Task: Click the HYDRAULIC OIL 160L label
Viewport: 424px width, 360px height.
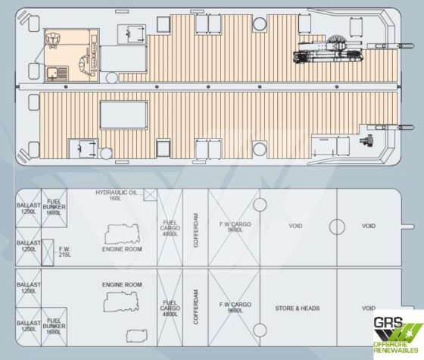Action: click(x=117, y=196)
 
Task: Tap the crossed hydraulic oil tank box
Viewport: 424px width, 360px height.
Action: click(x=150, y=195)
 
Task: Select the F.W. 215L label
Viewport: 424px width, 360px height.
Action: click(x=64, y=252)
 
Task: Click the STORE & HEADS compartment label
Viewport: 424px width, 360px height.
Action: click(x=297, y=308)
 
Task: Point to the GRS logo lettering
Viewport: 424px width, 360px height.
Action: click(x=388, y=322)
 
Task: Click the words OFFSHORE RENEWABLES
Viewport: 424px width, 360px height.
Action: click(x=395, y=347)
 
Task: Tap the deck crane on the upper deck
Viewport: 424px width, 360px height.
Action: click(x=329, y=52)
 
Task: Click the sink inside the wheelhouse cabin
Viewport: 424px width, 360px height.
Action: click(x=52, y=74)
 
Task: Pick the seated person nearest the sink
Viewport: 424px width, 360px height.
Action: click(x=86, y=65)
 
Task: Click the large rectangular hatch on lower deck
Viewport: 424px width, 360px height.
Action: click(x=123, y=115)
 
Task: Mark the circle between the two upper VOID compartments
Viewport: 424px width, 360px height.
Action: click(x=337, y=227)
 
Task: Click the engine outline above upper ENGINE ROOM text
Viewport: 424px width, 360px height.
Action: click(x=122, y=234)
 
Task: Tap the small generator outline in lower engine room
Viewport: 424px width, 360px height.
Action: click(x=136, y=336)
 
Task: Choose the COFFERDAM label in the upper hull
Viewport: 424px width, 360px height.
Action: click(x=196, y=230)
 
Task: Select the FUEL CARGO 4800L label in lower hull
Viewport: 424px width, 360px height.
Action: click(x=170, y=308)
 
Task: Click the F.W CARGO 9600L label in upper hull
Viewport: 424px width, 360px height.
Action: click(x=235, y=227)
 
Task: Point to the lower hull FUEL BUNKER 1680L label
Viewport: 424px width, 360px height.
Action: click(x=54, y=326)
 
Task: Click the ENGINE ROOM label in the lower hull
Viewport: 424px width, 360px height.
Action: click(x=122, y=285)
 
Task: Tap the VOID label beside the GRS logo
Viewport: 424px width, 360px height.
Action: click(x=368, y=308)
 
